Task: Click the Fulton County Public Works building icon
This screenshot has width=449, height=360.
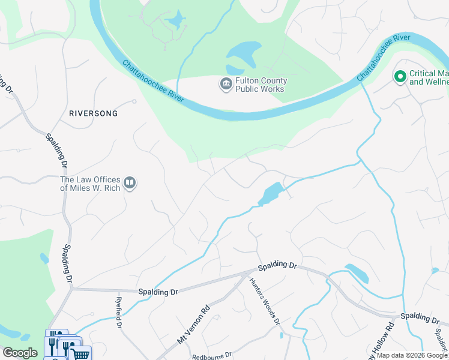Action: pyautogui.click(x=226, y=84)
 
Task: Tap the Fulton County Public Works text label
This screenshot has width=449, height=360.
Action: pyautogui.click(x=261, y=85)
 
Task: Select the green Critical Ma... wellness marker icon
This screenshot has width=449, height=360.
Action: pyautogui.click(x=400, y=76)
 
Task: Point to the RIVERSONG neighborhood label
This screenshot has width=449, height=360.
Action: pyautogui.click(x=93, y=113)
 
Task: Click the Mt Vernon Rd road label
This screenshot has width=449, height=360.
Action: pyautogui.click(x=193, y=323)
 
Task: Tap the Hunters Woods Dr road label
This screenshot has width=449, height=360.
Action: pyautogui.click(x=265, y=302)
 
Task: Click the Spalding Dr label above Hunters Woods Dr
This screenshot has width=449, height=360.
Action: pyautogui.click(x=277, y=265)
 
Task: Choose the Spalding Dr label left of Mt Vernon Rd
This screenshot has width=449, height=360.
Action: pyautogui.click(x=158, y=292)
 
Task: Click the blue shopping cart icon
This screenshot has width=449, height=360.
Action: pyautogui.click(x=81, y=354)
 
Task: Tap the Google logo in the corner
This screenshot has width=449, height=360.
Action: pyautogui.click(x=20, y=353)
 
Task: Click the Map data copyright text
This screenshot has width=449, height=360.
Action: pyautogui.click(x=411, y=355)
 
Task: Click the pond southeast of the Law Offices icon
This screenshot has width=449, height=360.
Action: pyautogui.click(x=271, y=193)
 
